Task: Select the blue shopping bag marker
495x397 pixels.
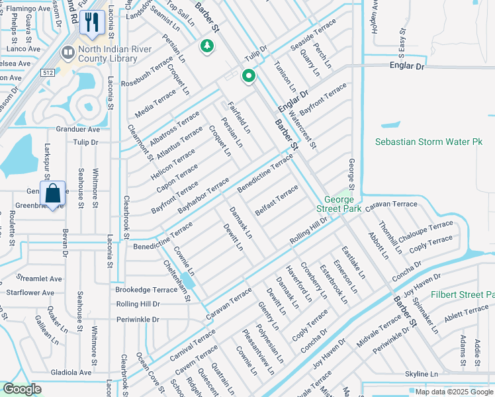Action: [x=52, y=195]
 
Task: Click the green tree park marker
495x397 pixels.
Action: [x=208, y=46]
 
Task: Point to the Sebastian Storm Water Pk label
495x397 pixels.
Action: [x=429, y=142]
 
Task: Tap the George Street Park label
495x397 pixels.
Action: [x=342, y=204]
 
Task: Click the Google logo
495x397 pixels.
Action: [x=22, y=389]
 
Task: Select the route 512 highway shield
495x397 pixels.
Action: [x=48, y=72]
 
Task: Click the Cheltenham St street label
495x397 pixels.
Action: [x=177, y=281]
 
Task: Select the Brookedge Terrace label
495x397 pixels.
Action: [x=146, y=290]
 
